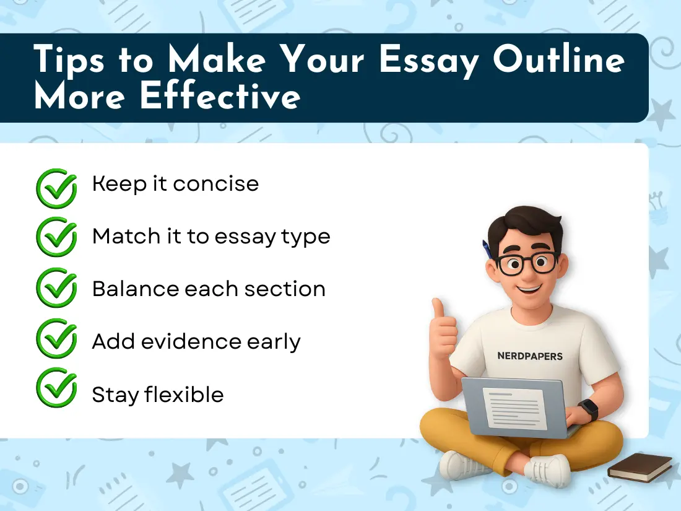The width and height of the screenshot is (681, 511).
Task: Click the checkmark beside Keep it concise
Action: point(56,186)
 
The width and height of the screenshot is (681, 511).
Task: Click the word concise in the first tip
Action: point(216,184)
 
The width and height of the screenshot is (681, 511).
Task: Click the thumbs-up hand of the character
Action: point(443,328)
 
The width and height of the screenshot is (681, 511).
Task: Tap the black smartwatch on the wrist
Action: point(588,409)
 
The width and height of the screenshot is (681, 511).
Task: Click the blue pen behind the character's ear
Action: point(487,249)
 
